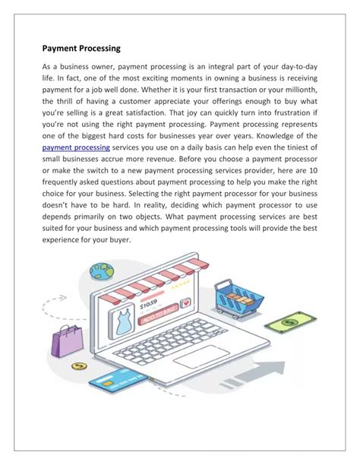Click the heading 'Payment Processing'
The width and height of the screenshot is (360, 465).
coord(87,49)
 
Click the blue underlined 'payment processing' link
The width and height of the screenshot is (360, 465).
coord(76,147)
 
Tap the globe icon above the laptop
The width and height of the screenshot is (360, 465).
coord(99,271)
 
